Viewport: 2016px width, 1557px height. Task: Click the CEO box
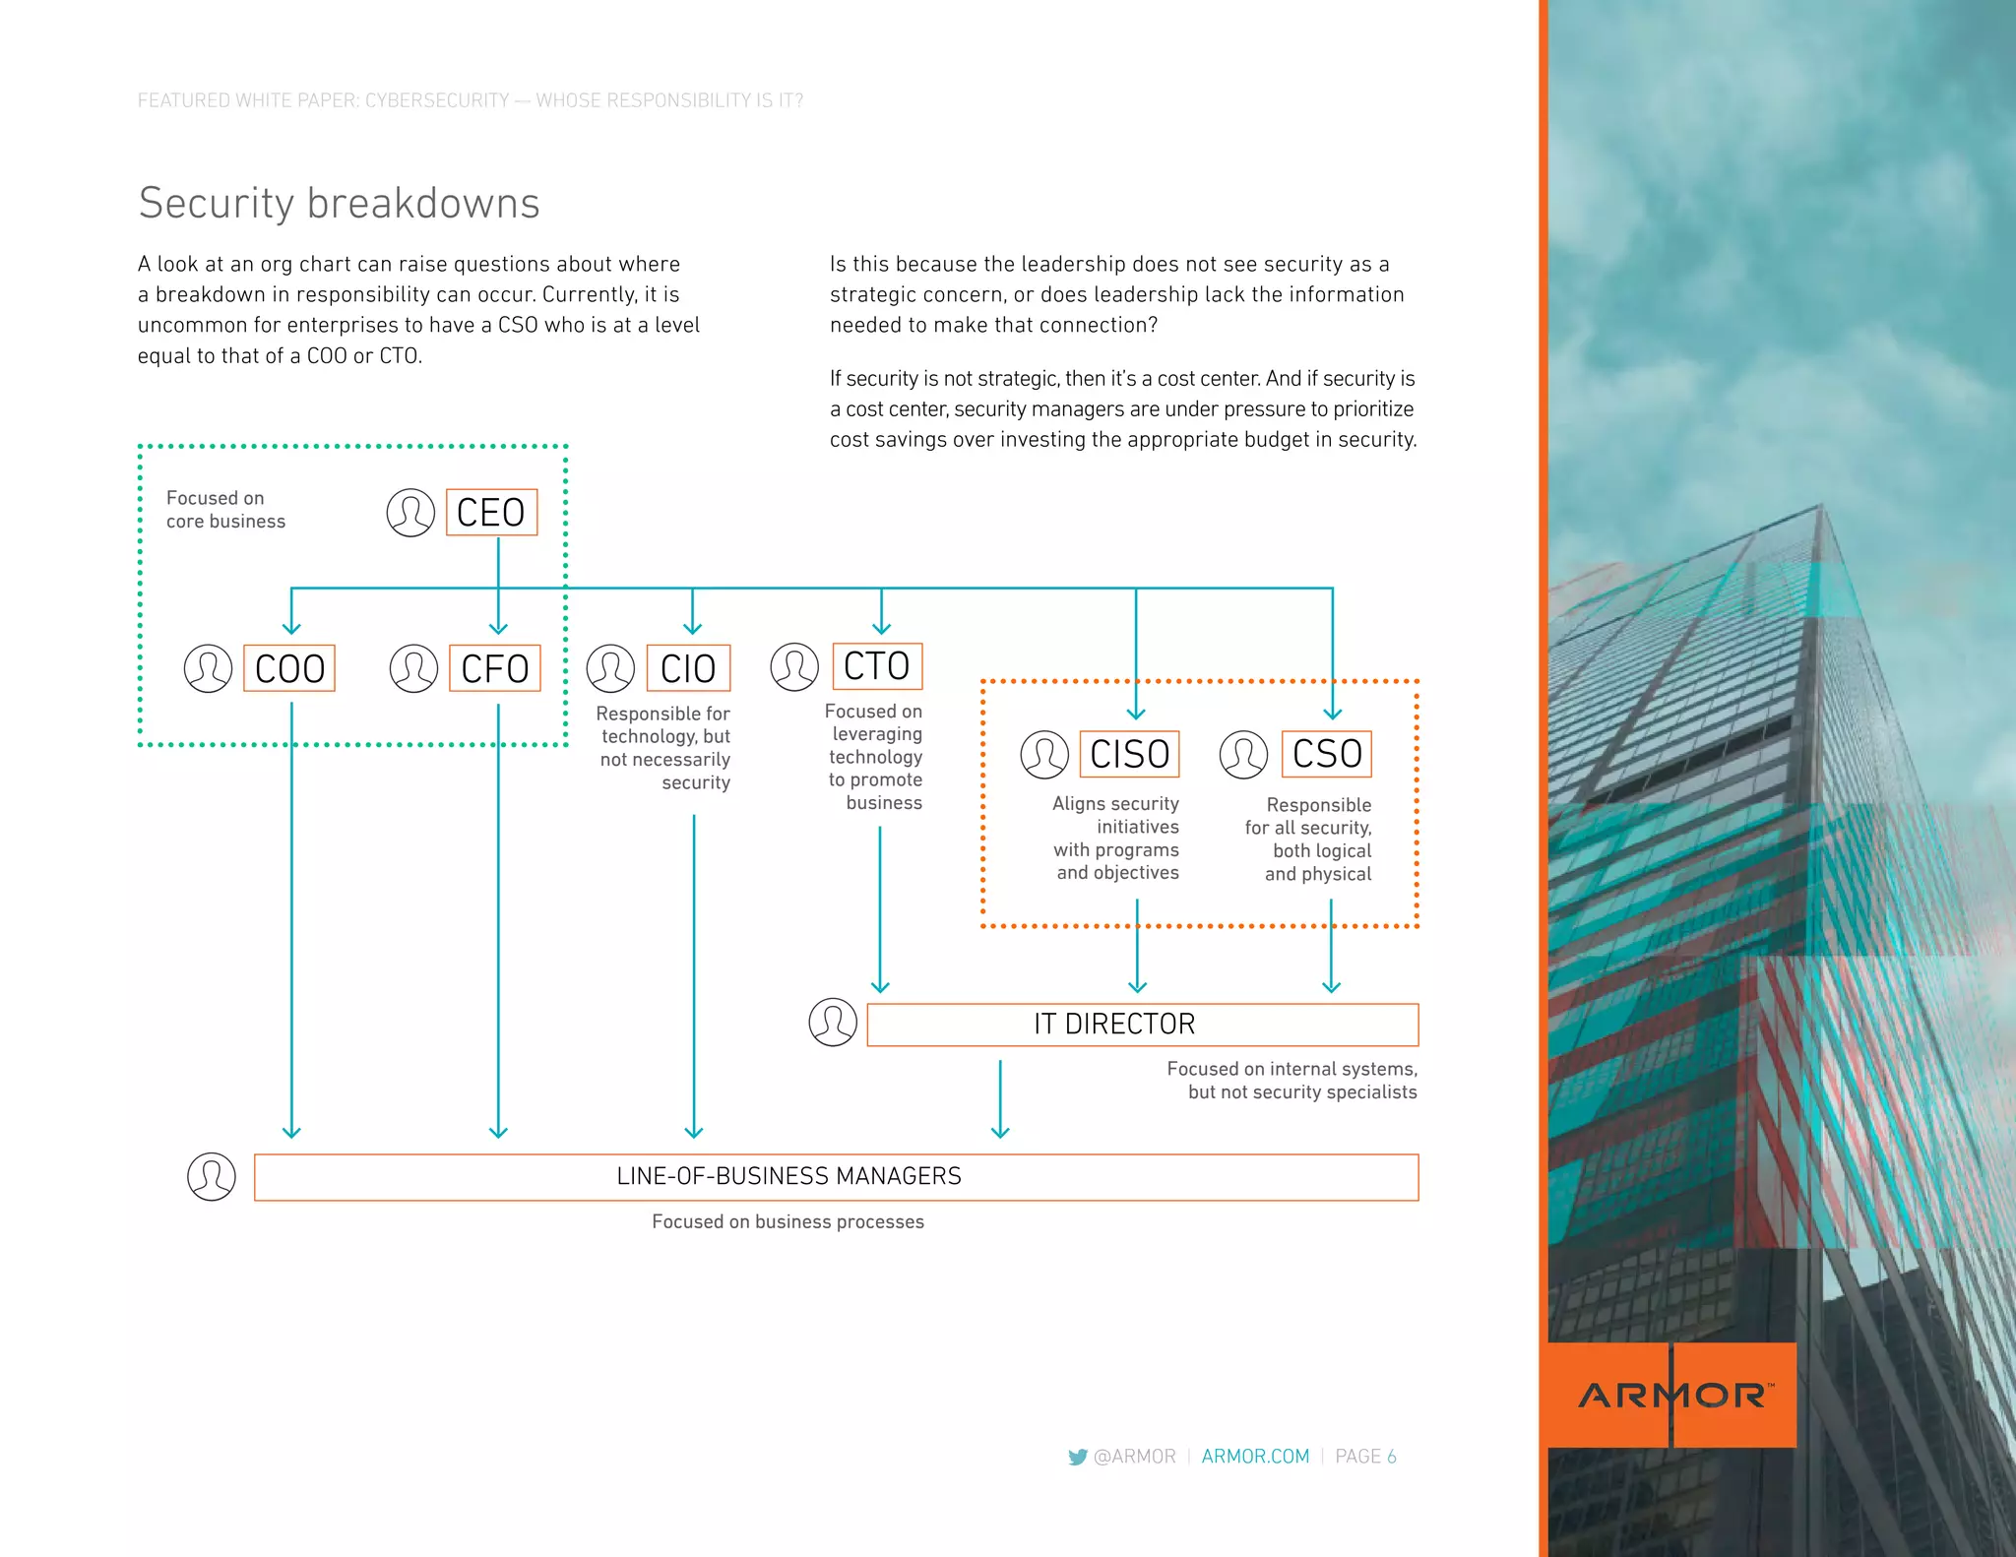coord(491,513)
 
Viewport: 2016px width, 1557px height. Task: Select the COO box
coord(289,668)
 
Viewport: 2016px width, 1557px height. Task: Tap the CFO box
coord(494,668)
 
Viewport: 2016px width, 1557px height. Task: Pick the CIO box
coord(688,668)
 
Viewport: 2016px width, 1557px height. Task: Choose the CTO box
coord(877,666)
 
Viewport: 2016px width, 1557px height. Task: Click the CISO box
coord(1129,754)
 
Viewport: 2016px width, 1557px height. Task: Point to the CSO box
coord(1326,754)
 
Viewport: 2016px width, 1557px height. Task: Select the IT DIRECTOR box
coord(1142,1025)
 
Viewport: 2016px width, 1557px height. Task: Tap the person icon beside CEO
coord(410,513)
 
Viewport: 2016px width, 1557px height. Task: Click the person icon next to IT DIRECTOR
coord(833,1023)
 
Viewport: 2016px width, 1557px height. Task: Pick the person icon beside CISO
coord(1044,755)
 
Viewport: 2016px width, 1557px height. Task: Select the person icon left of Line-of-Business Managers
coord(212,1177)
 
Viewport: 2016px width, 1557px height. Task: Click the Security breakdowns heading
coord(339,204)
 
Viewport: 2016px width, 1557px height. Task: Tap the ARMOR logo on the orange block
coord(1673,1395)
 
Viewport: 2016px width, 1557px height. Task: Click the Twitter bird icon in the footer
coord(1078,1457)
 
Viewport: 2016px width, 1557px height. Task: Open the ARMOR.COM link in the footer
coord(1255,1457)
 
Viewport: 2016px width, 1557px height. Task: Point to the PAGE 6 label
coord(1365,1457)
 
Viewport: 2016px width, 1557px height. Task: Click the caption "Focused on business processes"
coord(787,1222)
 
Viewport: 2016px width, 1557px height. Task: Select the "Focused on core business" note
coord(225,510)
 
